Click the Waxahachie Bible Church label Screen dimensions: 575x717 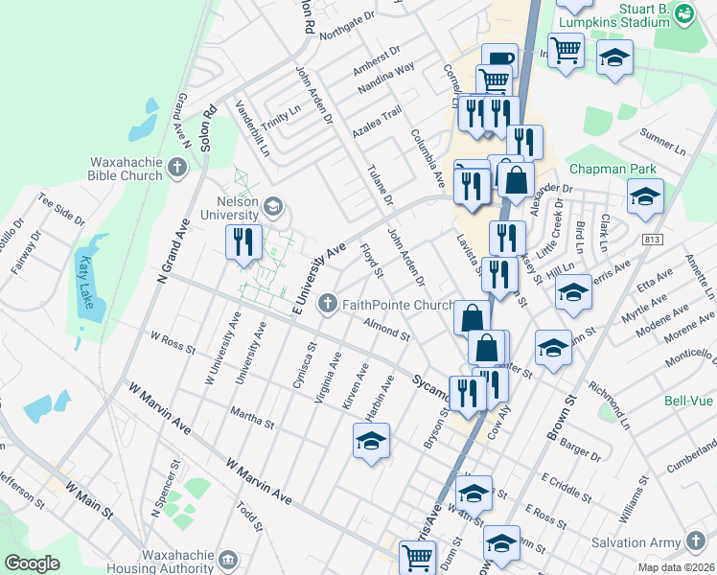[x=128, y=170]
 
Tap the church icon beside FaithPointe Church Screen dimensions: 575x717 [x=327, y=305]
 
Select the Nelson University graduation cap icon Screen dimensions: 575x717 [x=273, y=205]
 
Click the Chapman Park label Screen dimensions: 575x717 [x=613, y=169]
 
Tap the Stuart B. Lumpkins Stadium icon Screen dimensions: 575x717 [x=682, y=13]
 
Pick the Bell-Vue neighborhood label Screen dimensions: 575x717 [x=686, y=402]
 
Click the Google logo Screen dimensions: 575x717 [x=32, y=563]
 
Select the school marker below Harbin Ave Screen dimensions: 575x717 [x=371, y=442]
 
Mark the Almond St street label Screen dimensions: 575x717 [x=386, y=331]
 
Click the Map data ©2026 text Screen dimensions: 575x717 [x=676, y=567]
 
